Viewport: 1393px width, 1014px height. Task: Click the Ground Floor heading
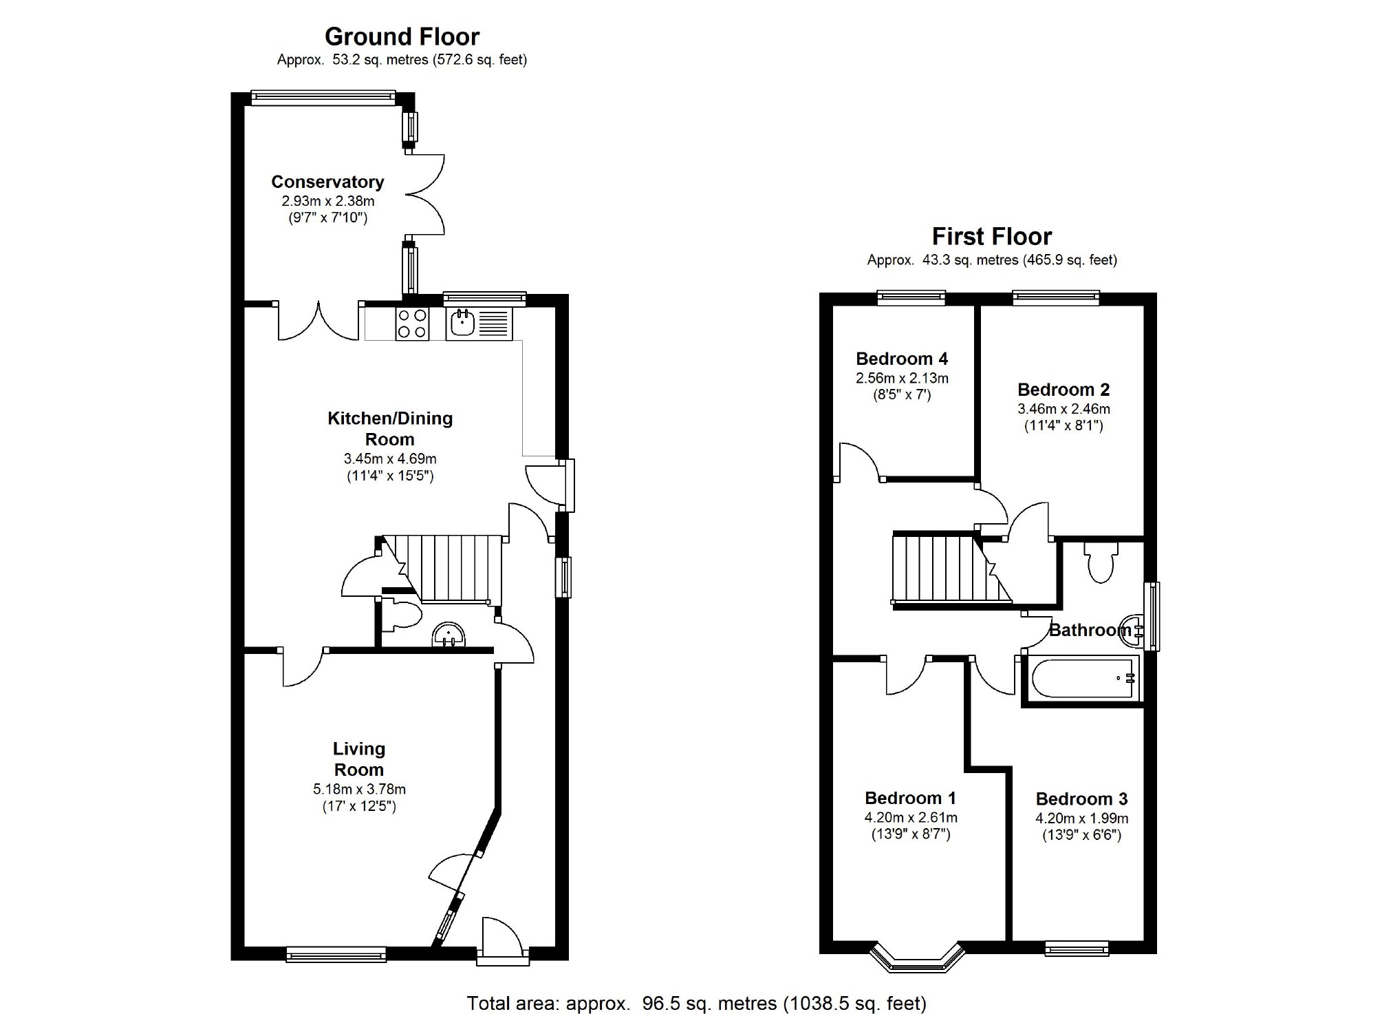[x=402, y=36]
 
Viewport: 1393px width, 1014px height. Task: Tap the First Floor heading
[x=991, y=237]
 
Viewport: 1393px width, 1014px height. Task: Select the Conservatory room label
[x=327, y=182]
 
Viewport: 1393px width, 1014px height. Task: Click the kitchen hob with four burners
[x=412, y=324]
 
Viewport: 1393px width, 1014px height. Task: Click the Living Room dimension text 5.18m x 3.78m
[x=359, y=790]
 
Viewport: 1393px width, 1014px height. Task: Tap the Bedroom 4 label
[x=902, y=359]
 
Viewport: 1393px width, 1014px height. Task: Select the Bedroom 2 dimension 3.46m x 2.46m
[x=1063, y=409]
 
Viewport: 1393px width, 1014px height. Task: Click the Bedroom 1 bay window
[x=917, y=958]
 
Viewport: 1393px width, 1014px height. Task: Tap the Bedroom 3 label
[x=1081, y=799]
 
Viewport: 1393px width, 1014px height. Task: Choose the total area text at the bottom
[x=697, y=1003]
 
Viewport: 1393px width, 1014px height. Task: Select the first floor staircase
[x=952, y=569]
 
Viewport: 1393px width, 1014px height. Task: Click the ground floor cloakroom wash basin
[x=449, y=635]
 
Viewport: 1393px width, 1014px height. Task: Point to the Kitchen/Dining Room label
[x=390, y=428]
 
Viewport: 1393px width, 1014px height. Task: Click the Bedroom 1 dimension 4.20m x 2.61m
[x=911, y=818]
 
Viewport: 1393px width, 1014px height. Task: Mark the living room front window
[x=336, y=953]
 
